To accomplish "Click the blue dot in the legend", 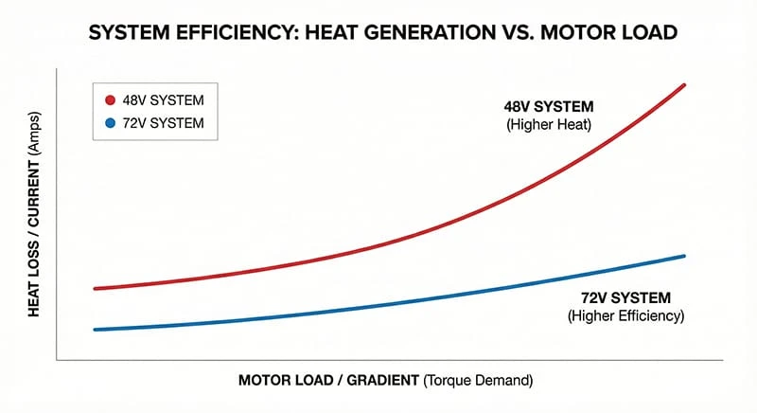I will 110,123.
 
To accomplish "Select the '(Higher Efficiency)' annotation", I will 625,315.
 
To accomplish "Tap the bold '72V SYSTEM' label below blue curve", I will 626,297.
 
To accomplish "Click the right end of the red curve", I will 683,85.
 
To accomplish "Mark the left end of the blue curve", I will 95,330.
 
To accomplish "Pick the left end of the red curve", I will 95,288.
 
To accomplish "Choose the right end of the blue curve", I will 683,256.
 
